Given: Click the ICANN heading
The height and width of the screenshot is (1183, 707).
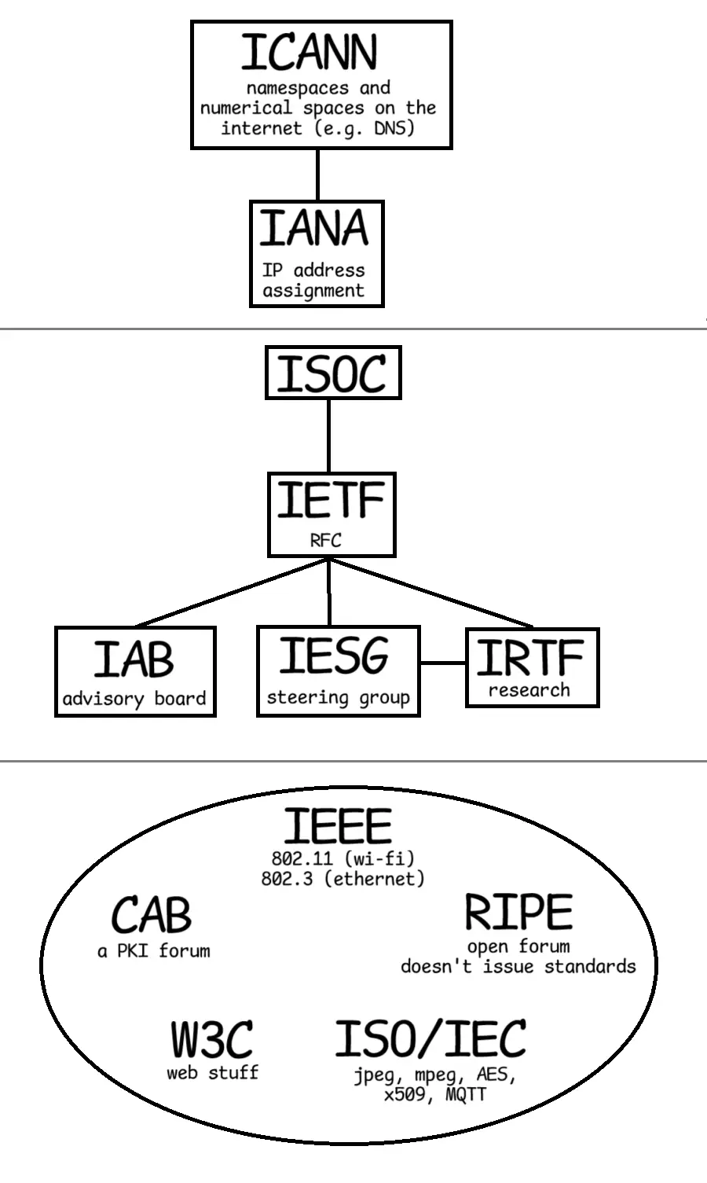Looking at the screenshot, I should (x=309, y=52).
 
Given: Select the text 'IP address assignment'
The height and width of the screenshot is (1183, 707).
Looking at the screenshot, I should (x=313, y=281).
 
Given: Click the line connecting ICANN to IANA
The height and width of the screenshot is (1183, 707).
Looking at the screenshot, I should (x=317, y=175).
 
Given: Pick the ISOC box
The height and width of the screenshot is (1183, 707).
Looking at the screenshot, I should (x=332, y=374).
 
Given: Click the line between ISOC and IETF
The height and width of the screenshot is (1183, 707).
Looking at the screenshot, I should (x=328, y=435).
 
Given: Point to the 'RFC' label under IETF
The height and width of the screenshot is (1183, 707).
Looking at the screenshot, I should (x=325, y=540).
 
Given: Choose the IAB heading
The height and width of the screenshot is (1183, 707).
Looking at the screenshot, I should (x=134, y=659).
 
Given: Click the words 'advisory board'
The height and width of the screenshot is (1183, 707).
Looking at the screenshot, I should (x=134, y=698).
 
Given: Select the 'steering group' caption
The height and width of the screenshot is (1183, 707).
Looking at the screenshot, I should (x=338, y=697).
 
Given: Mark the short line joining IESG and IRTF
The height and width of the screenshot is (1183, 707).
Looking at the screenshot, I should (x=442, y=663).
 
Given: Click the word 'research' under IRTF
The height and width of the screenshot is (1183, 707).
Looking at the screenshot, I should (x=529, y=690).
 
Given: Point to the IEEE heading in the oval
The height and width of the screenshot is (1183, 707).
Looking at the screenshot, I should (x=337, y=826).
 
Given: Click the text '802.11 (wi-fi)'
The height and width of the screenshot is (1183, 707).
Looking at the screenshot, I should (x=343, y=858).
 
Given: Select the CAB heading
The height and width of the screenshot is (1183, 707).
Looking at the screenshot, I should (x=152, y=915).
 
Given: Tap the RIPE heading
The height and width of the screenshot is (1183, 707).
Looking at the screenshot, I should (x=518, y=913).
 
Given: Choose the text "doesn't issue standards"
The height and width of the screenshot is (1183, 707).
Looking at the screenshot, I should (x=518, y=966).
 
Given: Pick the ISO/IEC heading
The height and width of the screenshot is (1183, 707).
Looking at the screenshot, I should (x=430, y=1038).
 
